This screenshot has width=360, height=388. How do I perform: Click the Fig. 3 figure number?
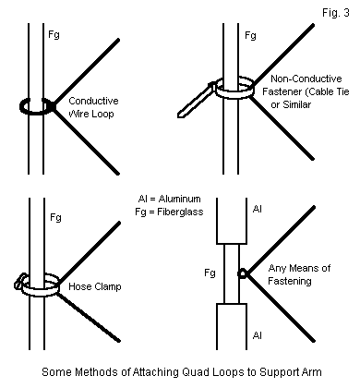coord(336,13)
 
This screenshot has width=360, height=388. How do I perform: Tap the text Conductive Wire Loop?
coord(91,107)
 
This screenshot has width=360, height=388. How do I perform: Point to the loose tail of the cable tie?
coord(195,101)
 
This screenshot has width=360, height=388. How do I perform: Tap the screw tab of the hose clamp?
coord(19,282)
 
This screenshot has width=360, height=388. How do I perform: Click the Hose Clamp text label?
coord(95,286)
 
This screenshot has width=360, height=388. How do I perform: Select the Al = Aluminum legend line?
coord(170,199)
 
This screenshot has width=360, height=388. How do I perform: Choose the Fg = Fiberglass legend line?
coord(169,212)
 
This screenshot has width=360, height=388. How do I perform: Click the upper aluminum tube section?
coord(232,221)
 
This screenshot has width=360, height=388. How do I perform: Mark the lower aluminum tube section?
coord(232,326)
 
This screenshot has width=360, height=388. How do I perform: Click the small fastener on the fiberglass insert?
coord(243,273)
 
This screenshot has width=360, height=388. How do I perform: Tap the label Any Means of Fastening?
coord(299,274)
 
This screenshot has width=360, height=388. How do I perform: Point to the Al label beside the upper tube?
coord(258,210)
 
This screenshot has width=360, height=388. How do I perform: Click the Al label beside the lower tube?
coord(258,335)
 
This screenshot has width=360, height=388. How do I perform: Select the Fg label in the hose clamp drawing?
coord(55,218)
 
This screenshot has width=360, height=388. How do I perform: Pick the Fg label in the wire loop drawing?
coord(54,34)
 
